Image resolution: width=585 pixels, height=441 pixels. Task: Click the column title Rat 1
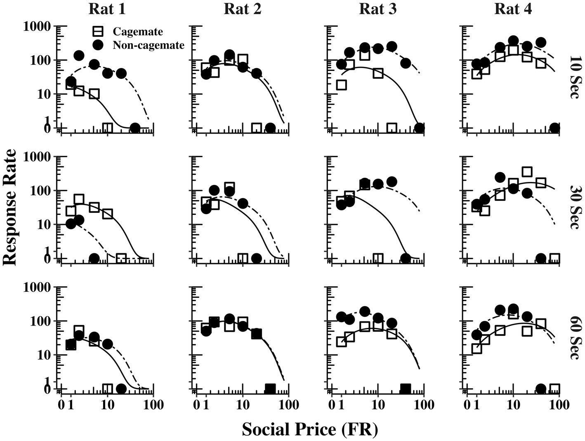click(107, 9)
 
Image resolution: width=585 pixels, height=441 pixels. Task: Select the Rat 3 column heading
click(377, 9)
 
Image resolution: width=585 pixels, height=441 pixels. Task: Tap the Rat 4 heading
click(513, 9)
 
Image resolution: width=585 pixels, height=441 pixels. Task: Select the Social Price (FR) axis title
click(309, 429)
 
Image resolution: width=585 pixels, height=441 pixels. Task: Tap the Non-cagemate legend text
click(149, 45)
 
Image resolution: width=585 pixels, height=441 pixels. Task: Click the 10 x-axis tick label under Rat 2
click(243, 405)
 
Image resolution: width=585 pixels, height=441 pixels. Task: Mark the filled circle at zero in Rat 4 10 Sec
click(554, 128)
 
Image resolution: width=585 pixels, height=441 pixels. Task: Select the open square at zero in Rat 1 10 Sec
click(107, 128)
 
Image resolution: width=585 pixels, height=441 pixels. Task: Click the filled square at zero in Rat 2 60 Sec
click(270, 389)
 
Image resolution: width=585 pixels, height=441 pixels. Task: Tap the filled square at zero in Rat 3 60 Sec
click(405, 389)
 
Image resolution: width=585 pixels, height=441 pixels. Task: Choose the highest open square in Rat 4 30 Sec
click(527, 172)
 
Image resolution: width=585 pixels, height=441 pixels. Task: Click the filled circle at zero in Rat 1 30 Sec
click(94, 259)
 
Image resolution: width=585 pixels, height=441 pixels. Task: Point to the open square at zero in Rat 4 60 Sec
click(554, 389)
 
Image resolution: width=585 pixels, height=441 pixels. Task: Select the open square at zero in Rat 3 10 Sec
click(392, 128)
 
